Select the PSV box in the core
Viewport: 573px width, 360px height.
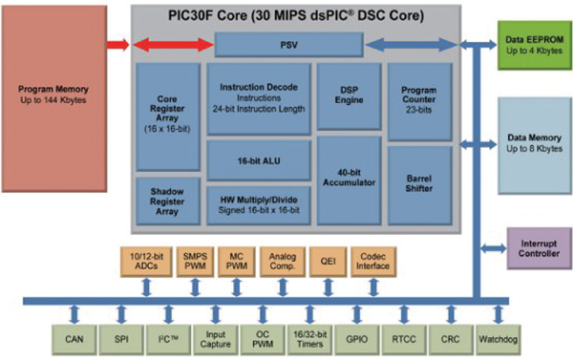(288, 44)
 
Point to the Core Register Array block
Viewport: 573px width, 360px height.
(167, 116)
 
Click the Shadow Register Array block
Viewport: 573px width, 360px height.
(167, 201)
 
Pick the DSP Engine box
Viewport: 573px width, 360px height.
(348, 97)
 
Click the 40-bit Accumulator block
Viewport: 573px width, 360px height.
(348, 180)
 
